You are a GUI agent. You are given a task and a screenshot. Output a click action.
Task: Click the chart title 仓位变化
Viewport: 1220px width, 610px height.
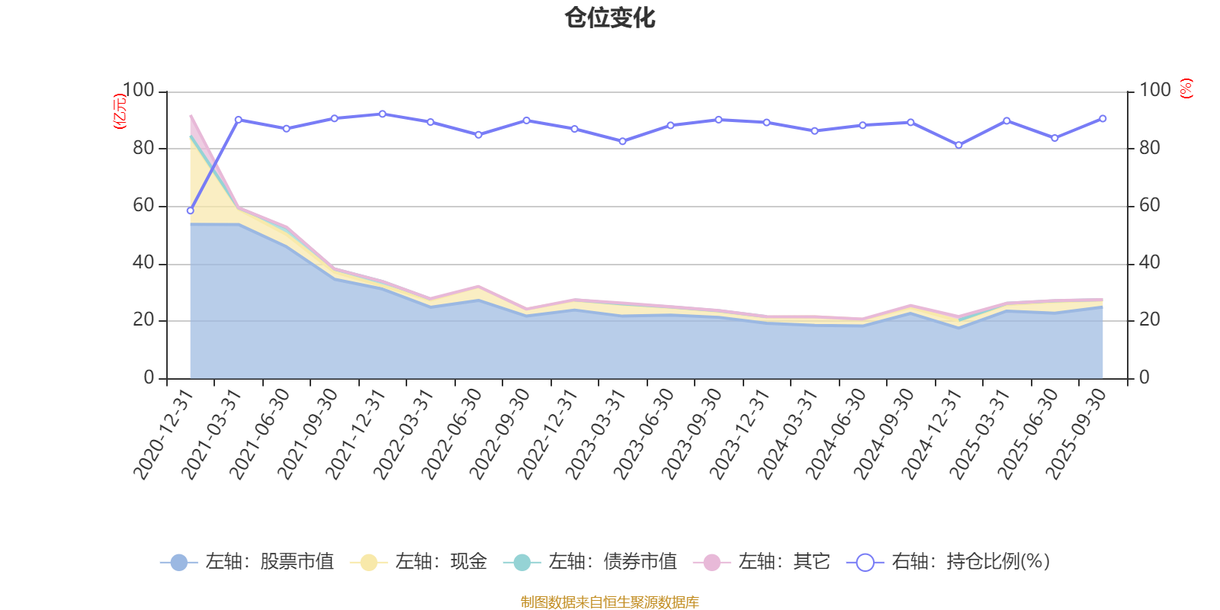coord(610,18)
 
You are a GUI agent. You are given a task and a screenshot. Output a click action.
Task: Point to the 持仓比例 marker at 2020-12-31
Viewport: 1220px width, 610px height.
coord(190,210)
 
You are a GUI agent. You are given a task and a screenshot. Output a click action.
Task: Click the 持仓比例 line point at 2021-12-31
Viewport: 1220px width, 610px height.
coord(382,114)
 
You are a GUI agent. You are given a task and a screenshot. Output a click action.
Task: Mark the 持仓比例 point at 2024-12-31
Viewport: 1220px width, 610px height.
coord(958,145)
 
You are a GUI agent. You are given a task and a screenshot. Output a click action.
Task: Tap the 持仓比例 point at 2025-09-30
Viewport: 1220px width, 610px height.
coord(1103,118)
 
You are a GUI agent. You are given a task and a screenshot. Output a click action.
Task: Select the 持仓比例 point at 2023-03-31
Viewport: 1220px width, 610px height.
coord(622,141)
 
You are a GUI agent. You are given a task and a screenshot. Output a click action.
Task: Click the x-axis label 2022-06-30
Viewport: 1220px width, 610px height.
coord(452,433)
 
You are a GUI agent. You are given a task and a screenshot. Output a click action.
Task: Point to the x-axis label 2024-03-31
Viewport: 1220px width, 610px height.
coord(788,433)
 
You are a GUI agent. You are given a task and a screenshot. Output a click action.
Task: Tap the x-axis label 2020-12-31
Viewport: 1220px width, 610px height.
coord(164,433)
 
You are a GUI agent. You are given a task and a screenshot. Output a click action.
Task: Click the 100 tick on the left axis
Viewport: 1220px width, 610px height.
coord(138,91)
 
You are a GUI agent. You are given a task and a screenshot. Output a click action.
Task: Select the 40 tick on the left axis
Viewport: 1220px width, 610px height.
coord(143,263)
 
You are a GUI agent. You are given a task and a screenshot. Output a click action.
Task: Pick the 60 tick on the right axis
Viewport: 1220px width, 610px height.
coord(1150,205)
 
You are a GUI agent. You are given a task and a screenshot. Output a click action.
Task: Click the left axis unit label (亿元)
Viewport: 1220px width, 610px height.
coord(120,111)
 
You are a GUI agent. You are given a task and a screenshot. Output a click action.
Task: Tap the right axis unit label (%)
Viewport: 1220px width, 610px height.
coord(1186,88)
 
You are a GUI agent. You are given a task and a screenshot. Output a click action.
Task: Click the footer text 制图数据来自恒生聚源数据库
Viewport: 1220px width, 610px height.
coord(610,602)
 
